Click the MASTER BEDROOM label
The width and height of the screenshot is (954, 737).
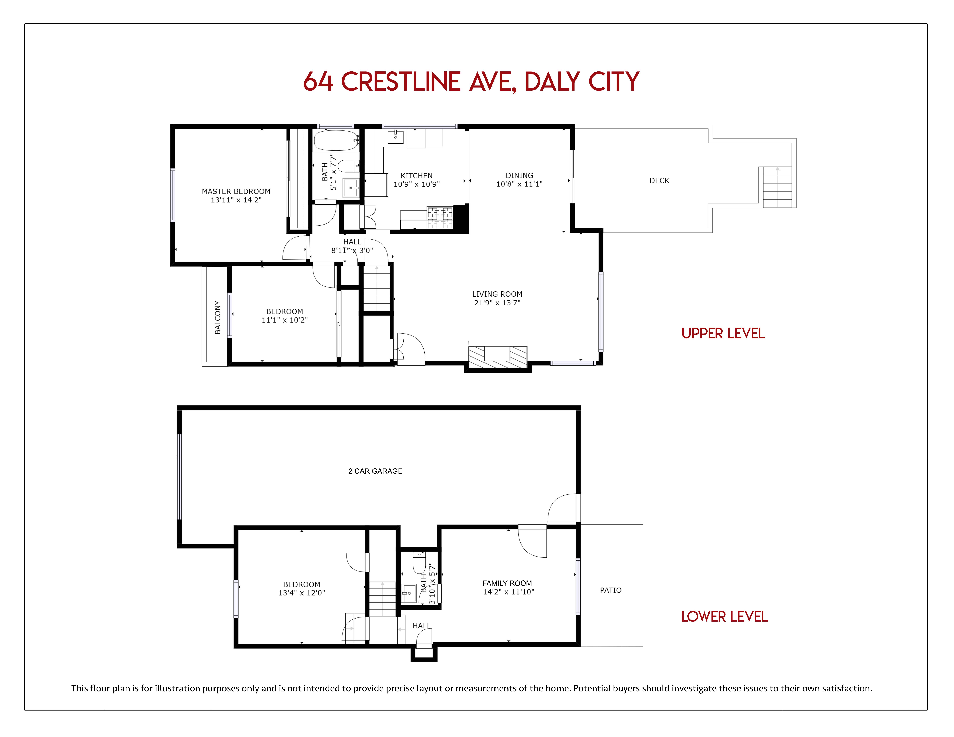[236, 191]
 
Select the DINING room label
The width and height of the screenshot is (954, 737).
[519, 176]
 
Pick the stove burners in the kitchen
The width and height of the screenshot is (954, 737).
[440, 213]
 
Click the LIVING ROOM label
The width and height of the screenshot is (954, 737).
[497, 294]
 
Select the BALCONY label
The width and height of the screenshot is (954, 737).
[218, 317]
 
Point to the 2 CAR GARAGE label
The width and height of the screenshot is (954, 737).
[375, 471]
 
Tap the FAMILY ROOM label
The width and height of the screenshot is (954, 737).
[507, 583]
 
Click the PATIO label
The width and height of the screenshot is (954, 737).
[611, 590]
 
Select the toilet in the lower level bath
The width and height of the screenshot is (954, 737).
[419, 562]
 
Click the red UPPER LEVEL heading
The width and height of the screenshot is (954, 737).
[723, 334]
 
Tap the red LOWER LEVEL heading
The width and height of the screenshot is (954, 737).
[724, 616]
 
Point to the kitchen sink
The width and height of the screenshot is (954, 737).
[396, 136]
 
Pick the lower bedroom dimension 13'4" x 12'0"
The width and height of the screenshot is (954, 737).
[302, 593]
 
